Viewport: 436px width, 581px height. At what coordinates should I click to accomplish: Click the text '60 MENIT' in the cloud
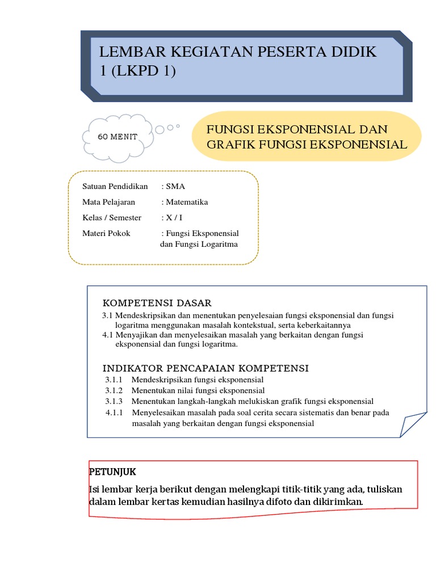[x=118, y=137]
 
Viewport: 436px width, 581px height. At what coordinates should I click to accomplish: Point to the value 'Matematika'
[x=187, y=202]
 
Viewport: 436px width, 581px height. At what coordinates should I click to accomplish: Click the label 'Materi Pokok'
[x=106, y=233]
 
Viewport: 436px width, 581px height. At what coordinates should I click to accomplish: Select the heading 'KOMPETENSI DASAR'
[x=157, y=303]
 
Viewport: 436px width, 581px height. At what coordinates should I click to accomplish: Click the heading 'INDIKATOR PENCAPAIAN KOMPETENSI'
[x=206, y=368]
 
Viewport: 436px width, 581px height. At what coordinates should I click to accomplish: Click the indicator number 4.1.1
[x=115, y=412]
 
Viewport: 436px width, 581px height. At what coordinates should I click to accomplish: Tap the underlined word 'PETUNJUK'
[x=112, y=471]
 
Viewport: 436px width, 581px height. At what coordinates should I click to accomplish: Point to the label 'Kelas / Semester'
[x=112, y=217]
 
